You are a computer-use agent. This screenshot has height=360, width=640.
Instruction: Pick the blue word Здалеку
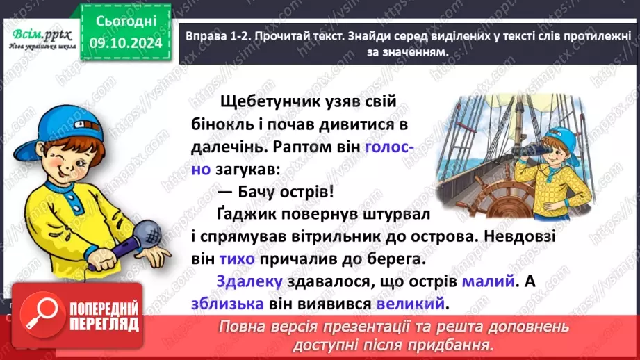click(249, 281)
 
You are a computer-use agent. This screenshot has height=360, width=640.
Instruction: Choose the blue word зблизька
click(227, 304)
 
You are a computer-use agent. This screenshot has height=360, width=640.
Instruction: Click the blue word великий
click(410, 304)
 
